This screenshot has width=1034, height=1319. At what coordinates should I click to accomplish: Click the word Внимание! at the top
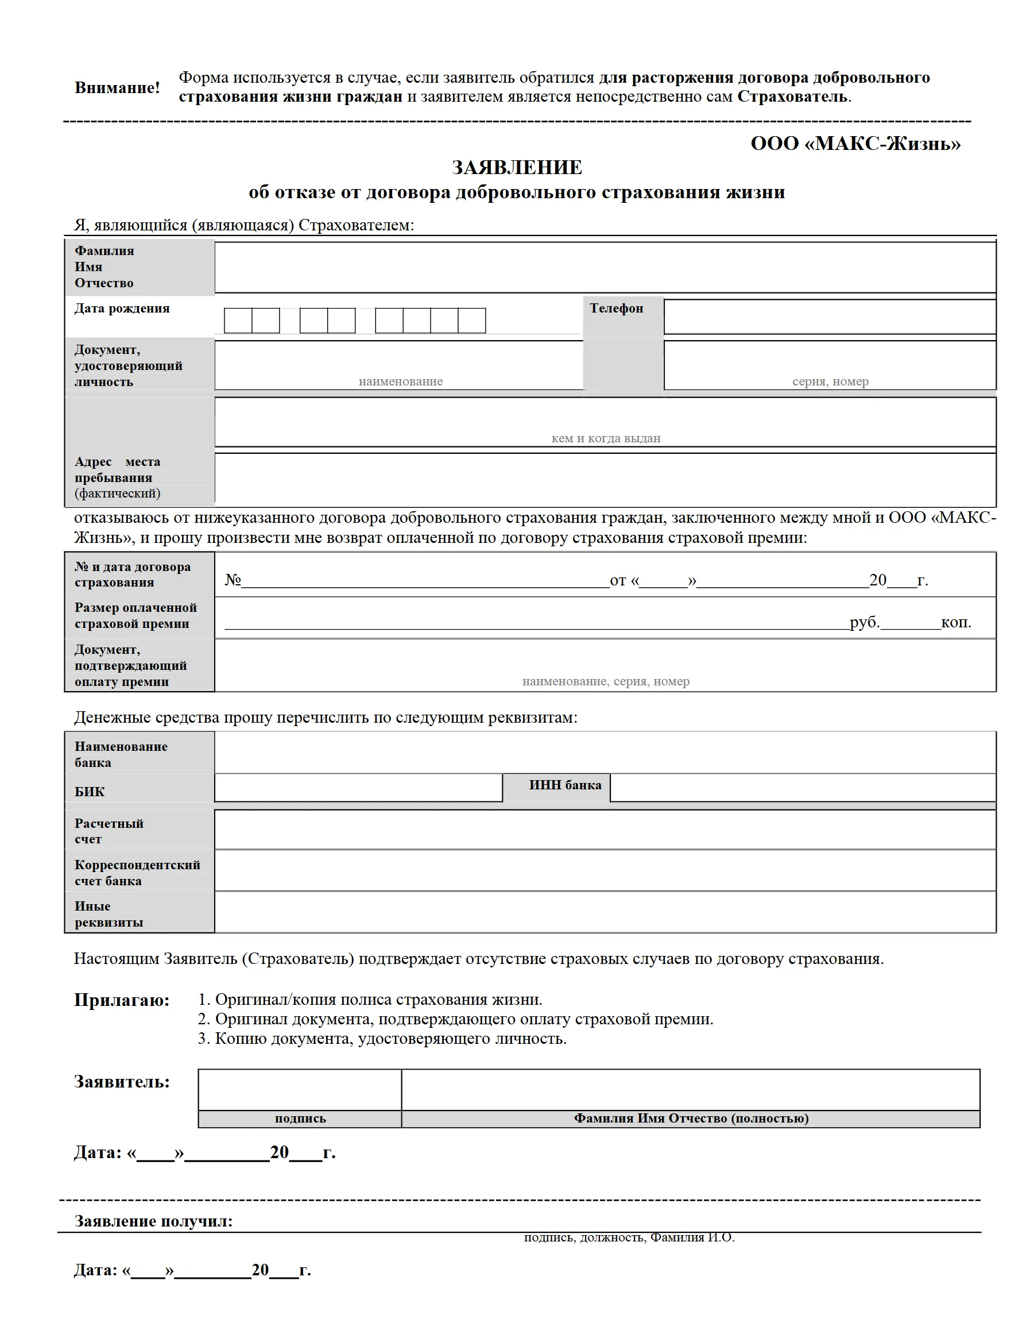117,88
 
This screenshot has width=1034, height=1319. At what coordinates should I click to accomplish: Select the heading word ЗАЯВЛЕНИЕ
517,168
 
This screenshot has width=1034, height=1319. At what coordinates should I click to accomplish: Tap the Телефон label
616,308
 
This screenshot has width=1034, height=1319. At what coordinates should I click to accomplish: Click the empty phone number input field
830,316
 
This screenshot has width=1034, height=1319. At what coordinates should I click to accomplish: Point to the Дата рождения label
122,308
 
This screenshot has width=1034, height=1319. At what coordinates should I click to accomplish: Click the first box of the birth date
238,321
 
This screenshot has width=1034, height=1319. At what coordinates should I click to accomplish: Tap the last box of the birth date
471,321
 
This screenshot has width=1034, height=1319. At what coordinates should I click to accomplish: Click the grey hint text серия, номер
830,381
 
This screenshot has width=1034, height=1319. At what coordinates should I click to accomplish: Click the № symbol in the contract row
233,580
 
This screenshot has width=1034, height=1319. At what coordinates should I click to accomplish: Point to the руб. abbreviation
864,622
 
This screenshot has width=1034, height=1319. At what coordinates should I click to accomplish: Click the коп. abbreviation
956,622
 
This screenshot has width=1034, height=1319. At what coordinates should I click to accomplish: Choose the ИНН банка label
565,785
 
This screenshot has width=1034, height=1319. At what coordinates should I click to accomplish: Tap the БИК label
90,792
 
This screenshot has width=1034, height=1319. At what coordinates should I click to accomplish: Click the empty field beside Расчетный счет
604,830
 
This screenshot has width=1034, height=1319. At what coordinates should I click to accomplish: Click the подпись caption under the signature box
300,1119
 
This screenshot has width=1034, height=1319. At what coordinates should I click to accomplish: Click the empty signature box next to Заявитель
300,1089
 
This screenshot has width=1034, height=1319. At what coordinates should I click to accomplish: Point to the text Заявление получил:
153,1221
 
